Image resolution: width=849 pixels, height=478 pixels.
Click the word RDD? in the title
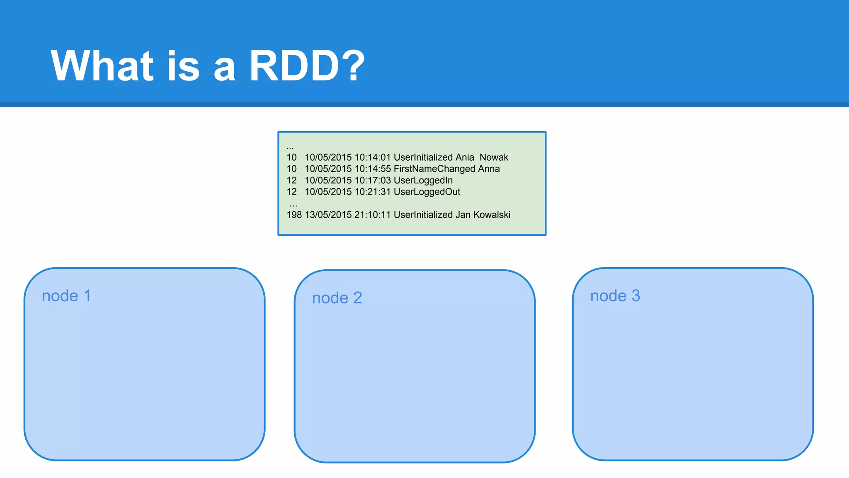(307, 66)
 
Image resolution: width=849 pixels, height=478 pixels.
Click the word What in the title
(102, 66)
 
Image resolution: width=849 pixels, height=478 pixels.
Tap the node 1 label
(66, 296)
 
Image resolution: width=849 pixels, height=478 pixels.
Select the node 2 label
(337, 298)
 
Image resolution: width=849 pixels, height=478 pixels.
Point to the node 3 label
(615, 296)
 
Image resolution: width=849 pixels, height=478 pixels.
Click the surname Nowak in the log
(494, 158)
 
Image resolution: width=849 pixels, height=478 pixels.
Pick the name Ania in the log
(464, 158)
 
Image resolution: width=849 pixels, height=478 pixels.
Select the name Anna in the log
(489, 169)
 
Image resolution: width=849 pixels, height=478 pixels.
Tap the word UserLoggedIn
(423, 180)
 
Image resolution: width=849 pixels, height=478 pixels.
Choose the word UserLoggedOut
(427, 192)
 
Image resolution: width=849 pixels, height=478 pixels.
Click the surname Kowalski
(492, 215)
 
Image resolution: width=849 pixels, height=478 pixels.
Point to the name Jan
(463, 215)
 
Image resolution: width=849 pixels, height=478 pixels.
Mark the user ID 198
(294, 215)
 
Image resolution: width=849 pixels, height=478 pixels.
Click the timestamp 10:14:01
(372, 158)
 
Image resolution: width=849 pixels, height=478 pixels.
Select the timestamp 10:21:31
(372, 192)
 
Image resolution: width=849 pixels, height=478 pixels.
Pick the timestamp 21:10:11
(372, 215)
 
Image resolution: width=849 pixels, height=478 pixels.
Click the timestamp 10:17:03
(372, 180)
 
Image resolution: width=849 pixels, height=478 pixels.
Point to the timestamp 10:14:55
(372, 169)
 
